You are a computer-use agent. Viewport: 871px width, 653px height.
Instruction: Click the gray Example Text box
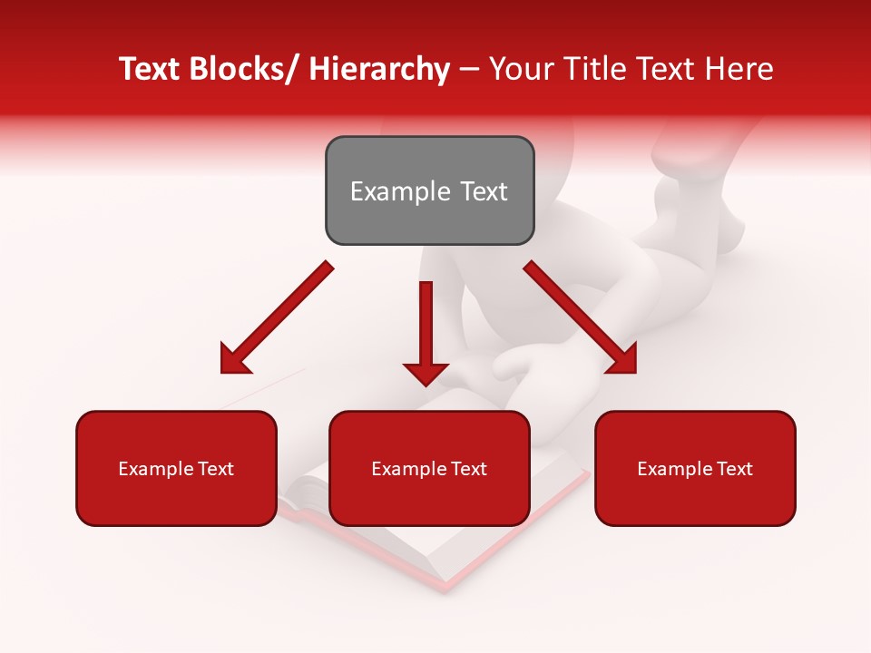[429, 190]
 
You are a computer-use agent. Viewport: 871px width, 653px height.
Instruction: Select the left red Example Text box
[176, 468]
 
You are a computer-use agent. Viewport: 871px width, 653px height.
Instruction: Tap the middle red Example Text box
[429, 468]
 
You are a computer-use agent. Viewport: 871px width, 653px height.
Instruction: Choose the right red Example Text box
[695, 468]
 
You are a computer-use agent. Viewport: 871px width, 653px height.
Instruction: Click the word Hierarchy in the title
[379, 69]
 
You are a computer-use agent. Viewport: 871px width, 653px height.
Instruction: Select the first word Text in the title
[151, 69]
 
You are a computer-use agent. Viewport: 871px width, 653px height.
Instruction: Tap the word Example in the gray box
[399, 191]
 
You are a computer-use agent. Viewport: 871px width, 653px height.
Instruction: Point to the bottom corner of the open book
[445, 586]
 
